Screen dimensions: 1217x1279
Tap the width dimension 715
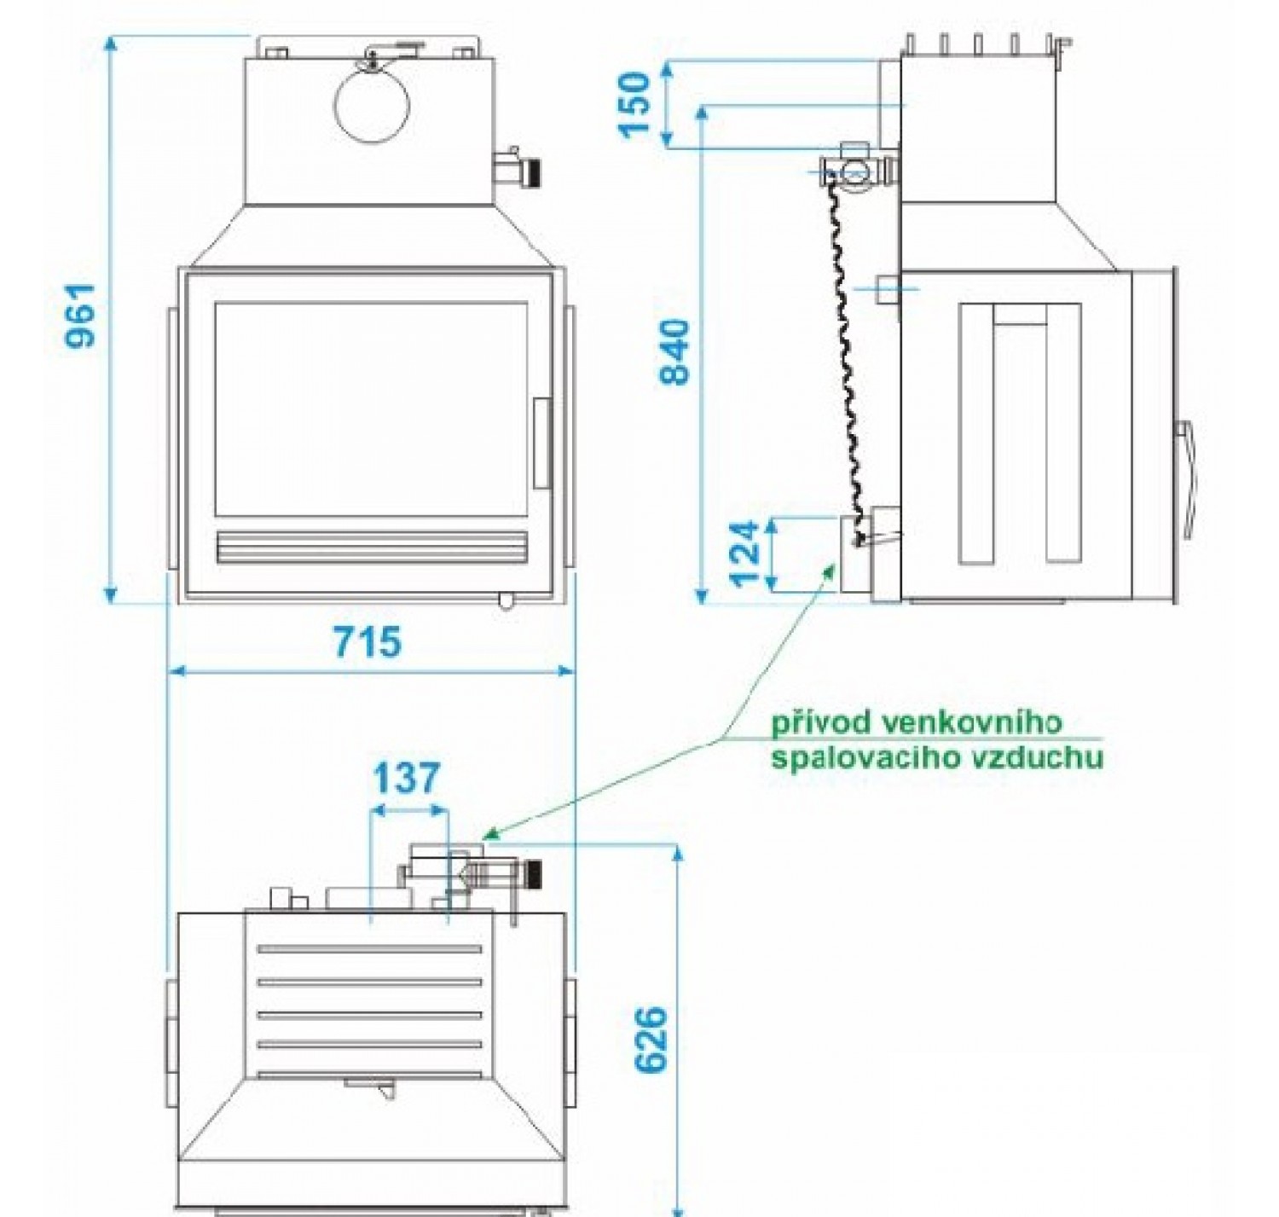pyautogui.click(x=367, y=641)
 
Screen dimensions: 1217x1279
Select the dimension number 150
pyautogui.click(x=636, y=104)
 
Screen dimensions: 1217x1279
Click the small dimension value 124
pyautogui.click(x=744, y=553)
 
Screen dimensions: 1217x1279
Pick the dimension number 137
pyautogui.click(x=407, y=779)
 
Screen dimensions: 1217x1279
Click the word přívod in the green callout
pyautogui.click(x=820, y=723)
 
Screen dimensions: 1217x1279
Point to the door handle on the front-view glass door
pyautogui.click(x=541, y=443)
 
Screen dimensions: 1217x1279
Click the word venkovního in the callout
pyautogui.click(x=972, y=723)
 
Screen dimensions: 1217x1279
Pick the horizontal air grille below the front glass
pyautogui.click(x=372, y=548)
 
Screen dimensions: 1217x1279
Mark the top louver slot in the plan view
pyautogui.click(x=370, y=949)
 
